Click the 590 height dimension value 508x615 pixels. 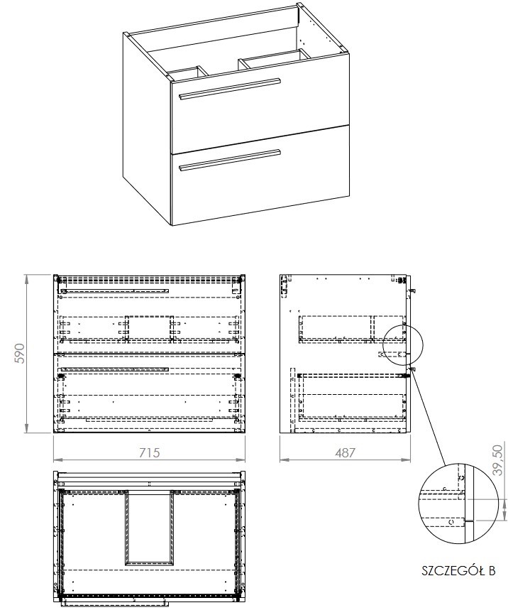click(21, 354)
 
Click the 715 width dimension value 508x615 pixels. click(149, 452)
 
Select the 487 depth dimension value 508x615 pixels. click(345, 452)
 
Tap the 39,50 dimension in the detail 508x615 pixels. click(497, 459)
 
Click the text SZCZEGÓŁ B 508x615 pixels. click(458, 570)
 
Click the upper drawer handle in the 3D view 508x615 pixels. click(230, 88)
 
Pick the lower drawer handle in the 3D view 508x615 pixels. click(230, 160)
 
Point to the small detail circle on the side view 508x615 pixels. click(403, 345)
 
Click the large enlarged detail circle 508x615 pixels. click(458, 504)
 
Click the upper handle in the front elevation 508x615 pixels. click(115, 290)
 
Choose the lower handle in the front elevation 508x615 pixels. click(115, 369)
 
